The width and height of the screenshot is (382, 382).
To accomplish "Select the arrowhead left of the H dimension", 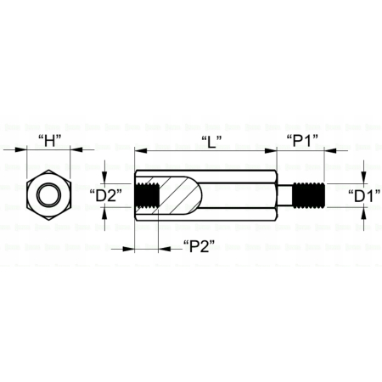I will point(22,151).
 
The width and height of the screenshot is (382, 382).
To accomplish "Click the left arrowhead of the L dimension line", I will point(140,151).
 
